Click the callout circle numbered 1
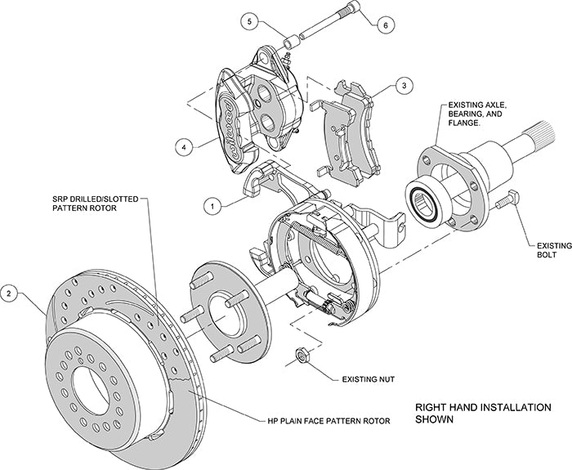[212, 207]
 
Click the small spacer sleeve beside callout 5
[290, 38]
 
